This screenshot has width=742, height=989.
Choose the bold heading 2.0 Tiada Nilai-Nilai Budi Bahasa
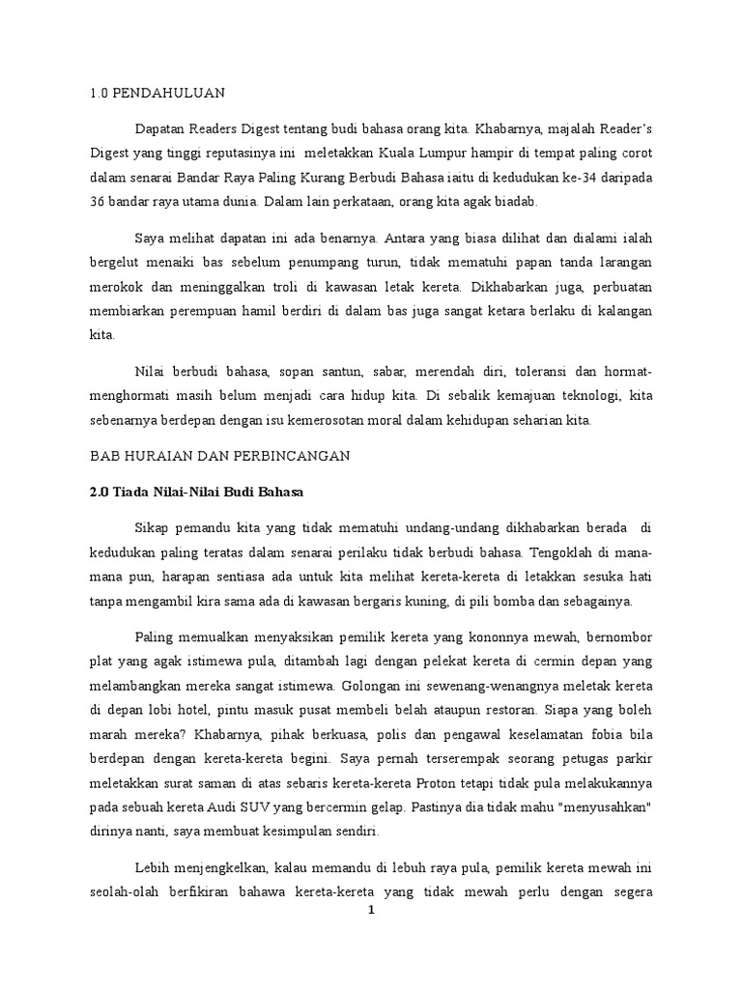click(x=196, y=492)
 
